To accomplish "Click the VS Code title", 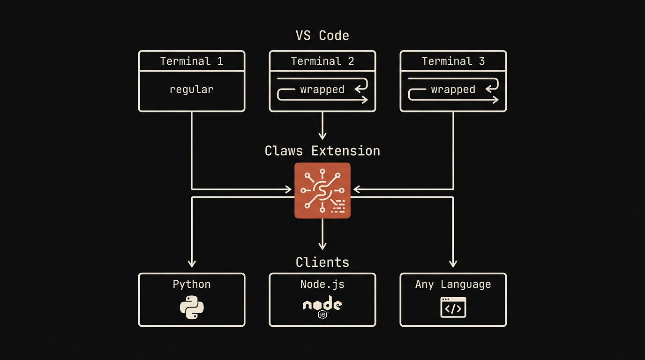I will pyautogui.click(x=322, y=36).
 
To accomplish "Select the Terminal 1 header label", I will pyautogui.click(x=191, y=61).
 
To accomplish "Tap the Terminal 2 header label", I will pyautogui.click(x=322, y=61).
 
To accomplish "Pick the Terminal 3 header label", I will pyautogui.click(x=453, y=61).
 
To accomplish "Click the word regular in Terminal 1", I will pyautogui.click(x=191, y=89).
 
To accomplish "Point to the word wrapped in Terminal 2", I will pyautogui.click(x=322, y=90).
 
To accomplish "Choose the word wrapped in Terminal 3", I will pyautogui.click(x=453, y=90).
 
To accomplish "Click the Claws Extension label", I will pyautogui.click(x=322, y=151).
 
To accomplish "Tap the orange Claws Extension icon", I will pyautogui.click(x=322, y=190).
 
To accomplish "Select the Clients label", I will pyautogui.click(x=322, y=262).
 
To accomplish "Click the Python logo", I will pyautogui.click(x=192, y=307).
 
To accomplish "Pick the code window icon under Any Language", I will pyautogui.click(x=453, y=307).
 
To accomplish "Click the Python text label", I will pyautogui.click(x=191, y=285).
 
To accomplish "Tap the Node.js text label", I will pyautogui.click(x=322, y=285).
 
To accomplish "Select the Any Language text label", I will pyautogui.click(x=453, y=285).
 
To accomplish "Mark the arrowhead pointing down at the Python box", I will pyautogui.click(x=191, y=263).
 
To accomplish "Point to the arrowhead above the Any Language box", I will pyautogui.click(x=453, y=263).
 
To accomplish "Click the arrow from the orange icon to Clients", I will pyautogui.click(x=322, y=234).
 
